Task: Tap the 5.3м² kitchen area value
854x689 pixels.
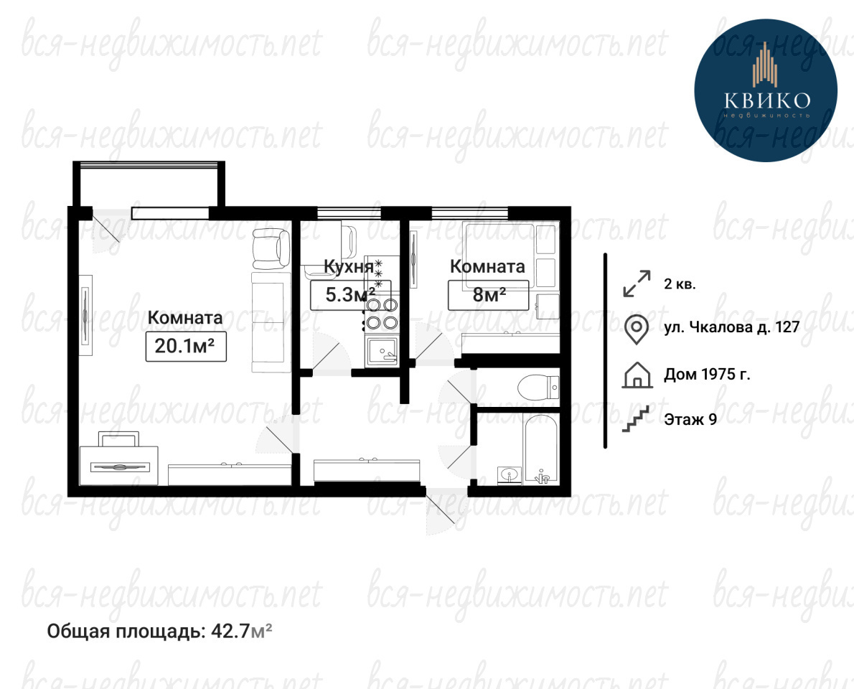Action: click(x=350, y=295)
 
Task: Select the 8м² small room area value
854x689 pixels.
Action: click(x=489, y=295)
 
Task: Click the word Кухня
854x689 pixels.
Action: click(x=349, y=266)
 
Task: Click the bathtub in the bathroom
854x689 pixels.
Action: click(x=541, y=449)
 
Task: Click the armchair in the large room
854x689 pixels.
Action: click(x=271, y=248)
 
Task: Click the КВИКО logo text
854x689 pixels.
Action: click(x=767, y=100)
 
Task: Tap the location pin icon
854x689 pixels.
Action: click(x=636, y=329)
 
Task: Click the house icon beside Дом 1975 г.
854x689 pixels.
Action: click(x=637, y=375)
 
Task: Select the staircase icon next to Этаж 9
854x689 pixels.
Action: click(x=637, y=419)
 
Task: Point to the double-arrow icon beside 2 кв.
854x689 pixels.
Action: click(x=637, y=283)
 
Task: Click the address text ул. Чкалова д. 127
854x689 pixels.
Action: click(x=731, y=327)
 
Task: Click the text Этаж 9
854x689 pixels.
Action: click(x=690, y=419)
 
